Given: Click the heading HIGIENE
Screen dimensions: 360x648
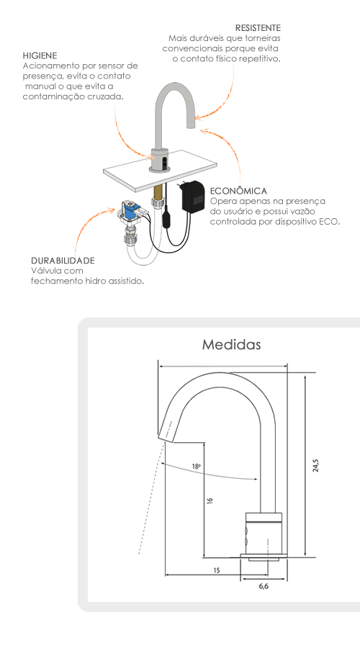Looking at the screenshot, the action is coord(40,55).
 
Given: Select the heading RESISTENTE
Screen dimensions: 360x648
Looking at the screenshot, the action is coord(258,27).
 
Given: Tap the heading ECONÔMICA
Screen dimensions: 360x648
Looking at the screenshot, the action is coord(238,191).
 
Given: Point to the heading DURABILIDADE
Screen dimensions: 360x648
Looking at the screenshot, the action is coord(63,261).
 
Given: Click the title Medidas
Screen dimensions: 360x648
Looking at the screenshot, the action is coord(231,344).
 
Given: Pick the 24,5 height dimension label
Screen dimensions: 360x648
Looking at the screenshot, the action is coord(316,465).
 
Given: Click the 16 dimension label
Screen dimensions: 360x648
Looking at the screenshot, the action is coord(210,500).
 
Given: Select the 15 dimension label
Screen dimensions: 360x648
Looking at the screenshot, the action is coord(217,570).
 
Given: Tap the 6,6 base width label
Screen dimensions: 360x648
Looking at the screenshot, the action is coord(264,586).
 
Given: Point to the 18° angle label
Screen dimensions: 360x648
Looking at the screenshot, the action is coord(197,466).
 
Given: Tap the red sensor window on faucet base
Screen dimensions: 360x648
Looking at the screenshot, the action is coord(164,162).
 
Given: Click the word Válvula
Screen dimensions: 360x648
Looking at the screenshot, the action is coord(45,271).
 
